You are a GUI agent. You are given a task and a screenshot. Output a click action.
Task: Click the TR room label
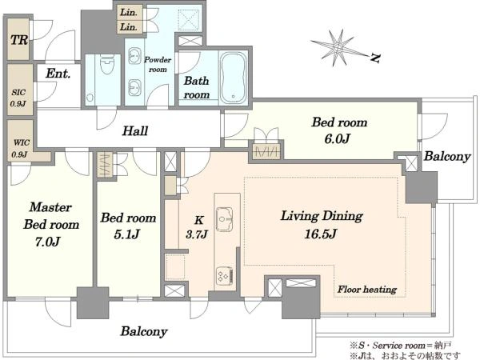(19, 40)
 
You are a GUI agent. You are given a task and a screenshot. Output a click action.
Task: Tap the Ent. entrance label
(58, 74)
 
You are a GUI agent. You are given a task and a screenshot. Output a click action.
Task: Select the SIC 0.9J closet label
(18, 98)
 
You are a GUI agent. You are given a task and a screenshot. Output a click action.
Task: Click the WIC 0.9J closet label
(21, 149)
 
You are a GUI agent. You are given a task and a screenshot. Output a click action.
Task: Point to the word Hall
(135, 131)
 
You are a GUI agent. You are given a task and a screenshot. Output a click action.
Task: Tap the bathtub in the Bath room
(234, 78)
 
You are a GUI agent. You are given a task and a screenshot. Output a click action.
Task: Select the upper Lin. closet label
(129, 12)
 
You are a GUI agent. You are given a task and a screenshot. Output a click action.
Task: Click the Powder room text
(158, 64)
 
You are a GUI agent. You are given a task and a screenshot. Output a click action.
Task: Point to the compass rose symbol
(338, 47)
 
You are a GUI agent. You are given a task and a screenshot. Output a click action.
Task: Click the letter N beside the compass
(375, 58)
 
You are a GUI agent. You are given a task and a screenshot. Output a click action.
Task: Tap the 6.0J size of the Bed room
(337, 139)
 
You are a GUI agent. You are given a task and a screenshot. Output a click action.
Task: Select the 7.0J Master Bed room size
(47, 242)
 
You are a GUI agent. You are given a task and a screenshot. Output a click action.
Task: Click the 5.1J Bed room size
(126, 234)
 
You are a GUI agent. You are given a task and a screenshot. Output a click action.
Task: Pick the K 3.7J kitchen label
(198, 227)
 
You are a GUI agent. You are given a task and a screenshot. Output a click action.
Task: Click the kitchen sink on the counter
(224, 219)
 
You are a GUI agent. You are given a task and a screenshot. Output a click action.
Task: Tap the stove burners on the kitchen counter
(224, 276)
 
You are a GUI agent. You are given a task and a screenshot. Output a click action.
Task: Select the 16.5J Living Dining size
(321, 234)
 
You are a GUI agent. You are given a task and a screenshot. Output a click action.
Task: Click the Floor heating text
(367, 290)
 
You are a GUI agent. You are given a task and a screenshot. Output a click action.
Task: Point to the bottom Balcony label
(144, 331)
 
